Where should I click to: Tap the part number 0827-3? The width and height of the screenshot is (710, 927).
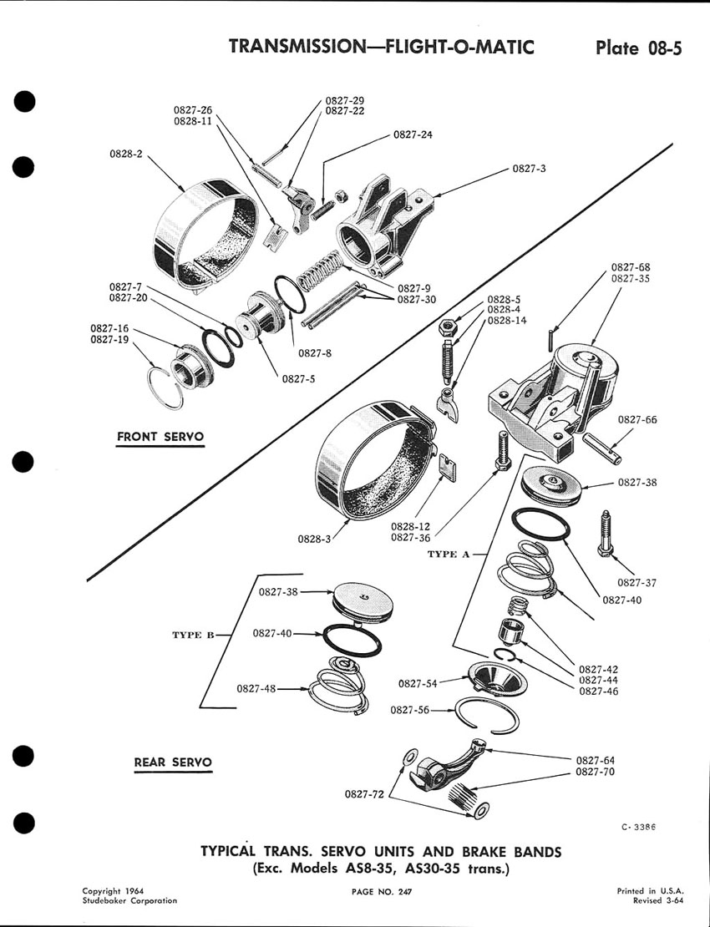530,169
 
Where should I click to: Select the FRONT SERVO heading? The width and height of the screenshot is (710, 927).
160,437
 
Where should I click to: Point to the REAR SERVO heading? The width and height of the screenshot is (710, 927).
173,762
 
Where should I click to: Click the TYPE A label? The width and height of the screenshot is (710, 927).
449,554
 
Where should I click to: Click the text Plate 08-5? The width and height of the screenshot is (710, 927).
638,47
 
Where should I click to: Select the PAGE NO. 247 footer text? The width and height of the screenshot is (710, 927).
383,893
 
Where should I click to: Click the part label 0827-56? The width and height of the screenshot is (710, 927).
410,710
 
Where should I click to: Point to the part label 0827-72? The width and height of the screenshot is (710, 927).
365,794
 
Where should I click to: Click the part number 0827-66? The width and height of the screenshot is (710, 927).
637,420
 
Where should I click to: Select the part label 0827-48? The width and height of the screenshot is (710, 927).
256,689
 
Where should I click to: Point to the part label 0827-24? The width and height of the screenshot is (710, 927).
413,134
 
